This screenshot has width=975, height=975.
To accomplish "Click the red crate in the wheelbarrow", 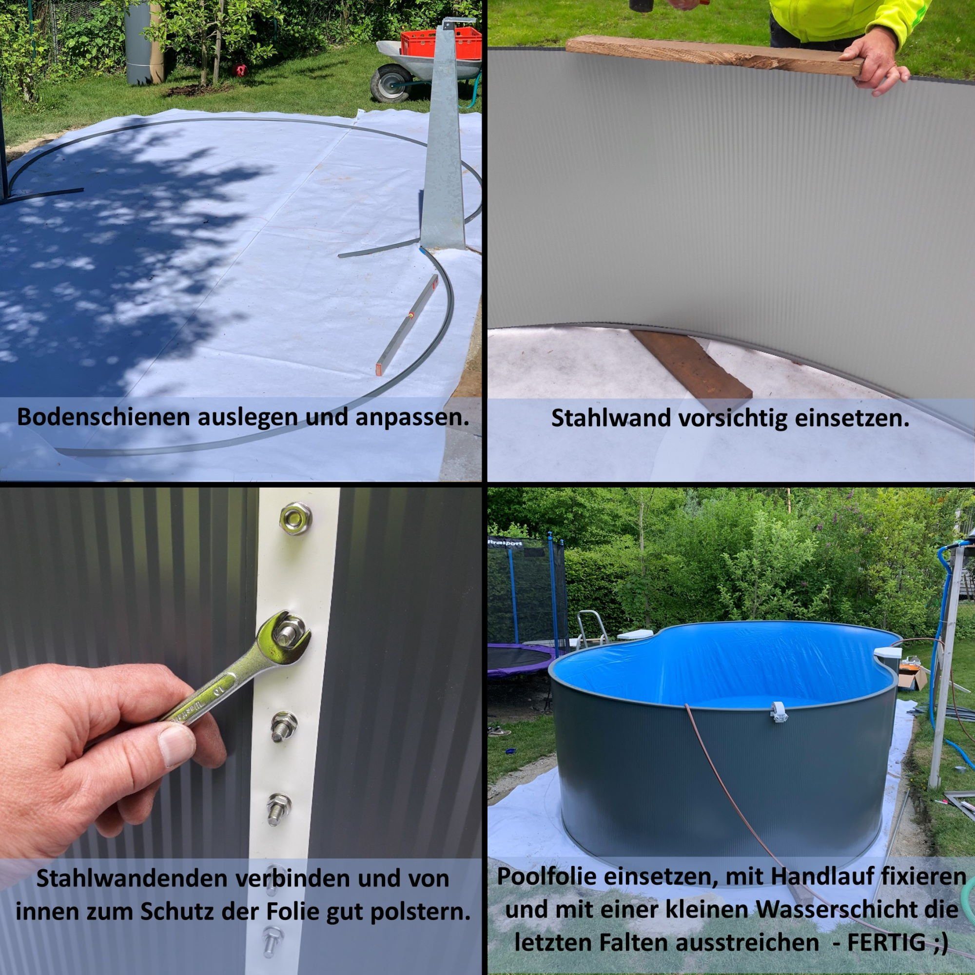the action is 441,42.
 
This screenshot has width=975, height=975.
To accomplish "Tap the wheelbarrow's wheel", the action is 389,84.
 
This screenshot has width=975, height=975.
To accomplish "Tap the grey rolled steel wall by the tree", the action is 138,43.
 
